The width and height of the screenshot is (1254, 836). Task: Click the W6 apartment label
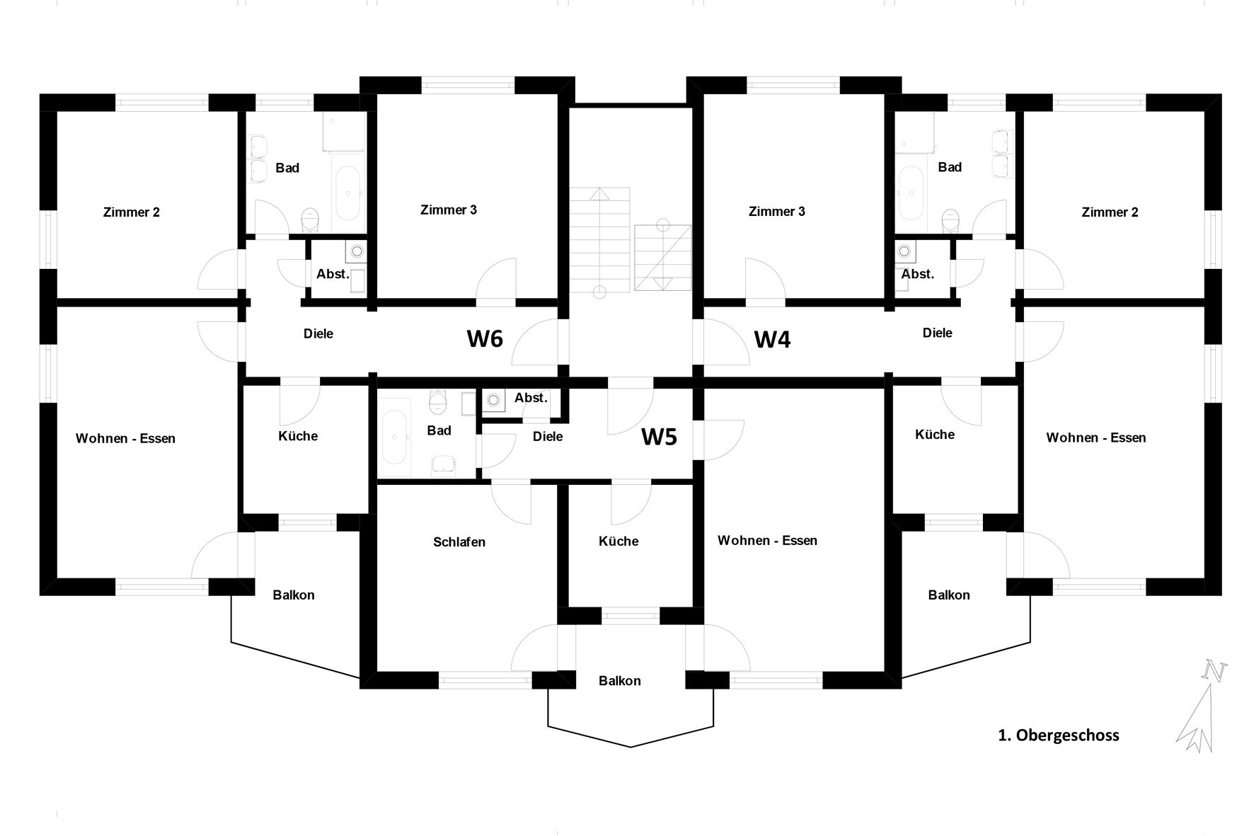coord(485,338)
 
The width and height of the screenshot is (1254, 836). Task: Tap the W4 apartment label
coord(772,339)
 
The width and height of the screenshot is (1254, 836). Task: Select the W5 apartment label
coord(659,437)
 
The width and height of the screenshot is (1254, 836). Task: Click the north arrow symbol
coord(1201,708)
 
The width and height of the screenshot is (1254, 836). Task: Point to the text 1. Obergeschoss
coord(1058,735)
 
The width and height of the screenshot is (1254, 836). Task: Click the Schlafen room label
coord(459,542)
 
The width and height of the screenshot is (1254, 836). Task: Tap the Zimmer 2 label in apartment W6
coord(132,212)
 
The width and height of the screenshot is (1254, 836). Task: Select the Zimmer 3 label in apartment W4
coord(776,212)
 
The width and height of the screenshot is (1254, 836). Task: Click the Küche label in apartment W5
coord(619,542)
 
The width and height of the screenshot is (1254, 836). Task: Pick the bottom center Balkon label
coord(620,681)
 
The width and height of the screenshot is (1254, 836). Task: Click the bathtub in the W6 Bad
coord(347,192)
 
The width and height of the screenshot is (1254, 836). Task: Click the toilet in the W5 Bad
coord(439,403)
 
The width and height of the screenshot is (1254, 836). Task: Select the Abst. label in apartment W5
coord(531,398)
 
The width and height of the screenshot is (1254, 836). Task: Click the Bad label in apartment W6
coord(287,168)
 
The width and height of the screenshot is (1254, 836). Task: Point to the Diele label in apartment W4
coord(937,333)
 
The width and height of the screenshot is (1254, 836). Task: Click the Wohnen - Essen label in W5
coord(767,541)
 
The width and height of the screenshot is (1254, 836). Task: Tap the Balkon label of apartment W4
coord(948,595)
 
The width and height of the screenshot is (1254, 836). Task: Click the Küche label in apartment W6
coord(298,436)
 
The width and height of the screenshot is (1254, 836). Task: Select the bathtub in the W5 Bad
coord(393,437)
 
